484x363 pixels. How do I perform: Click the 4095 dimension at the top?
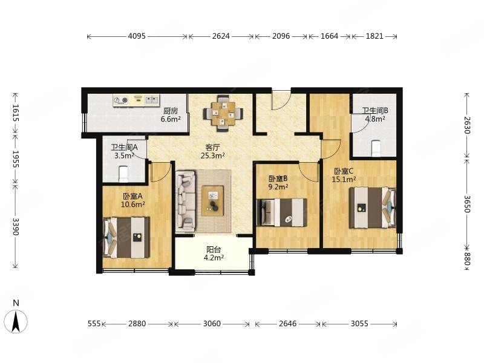(x=137, y=36)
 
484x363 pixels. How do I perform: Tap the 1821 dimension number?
(x=374, y=36)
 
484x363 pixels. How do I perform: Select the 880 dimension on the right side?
(x=466, y=259)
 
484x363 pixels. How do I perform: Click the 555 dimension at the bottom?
(x=94, y=324)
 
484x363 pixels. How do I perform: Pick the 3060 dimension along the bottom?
(x=212, y=324)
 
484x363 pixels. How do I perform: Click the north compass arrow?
(x=16, y=322)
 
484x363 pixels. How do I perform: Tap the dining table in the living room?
(x=223, y=113)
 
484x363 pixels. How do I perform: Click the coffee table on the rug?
(x=213, y=200)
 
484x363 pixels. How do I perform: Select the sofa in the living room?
(x=186, y=201)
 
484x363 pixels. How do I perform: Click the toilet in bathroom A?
(x=123, y=174)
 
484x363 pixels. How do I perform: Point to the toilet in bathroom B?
(x=376, y=148)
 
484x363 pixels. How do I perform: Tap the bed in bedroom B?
(x=282, y=212)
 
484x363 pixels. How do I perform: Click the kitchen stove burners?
(x=121, y=100)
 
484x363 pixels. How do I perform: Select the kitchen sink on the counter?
(x=152, y=99)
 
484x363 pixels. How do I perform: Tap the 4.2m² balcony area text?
(x=214, y=258)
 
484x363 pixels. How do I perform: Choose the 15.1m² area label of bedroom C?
(x=344, y=179)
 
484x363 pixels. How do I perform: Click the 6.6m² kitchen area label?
(x=171, y=119)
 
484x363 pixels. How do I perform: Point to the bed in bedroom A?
(x=126, y=237)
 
